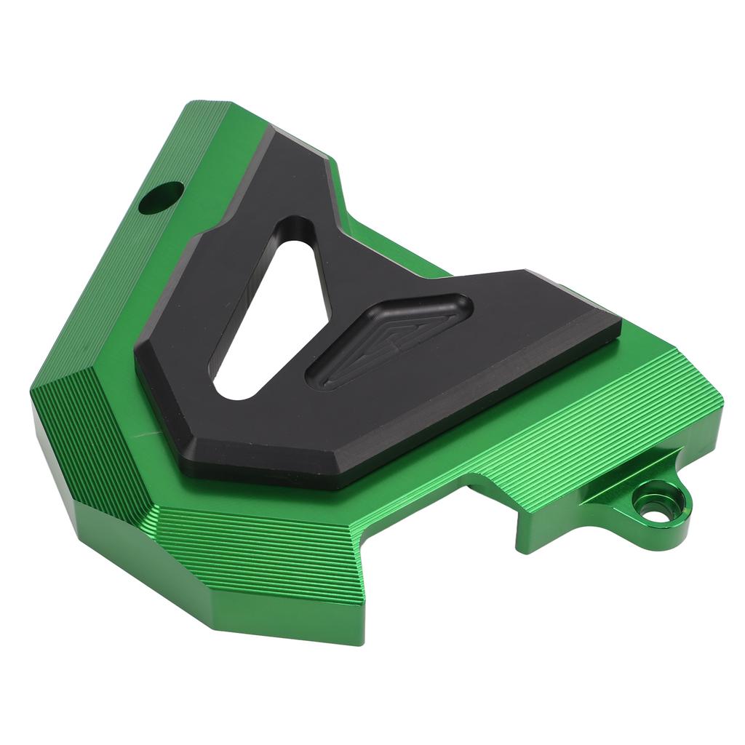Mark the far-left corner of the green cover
33,397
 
